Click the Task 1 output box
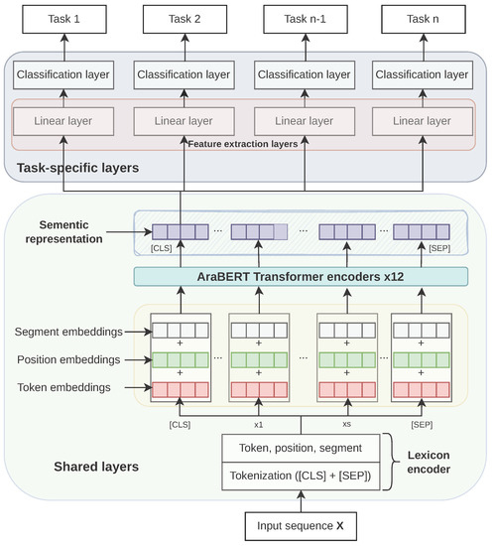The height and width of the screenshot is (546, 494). [x=62, y=19]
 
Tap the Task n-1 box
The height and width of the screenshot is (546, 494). [x=303, y=19]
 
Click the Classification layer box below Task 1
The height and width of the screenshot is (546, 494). [x=62, y=74]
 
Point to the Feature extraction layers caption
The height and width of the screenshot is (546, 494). [x=244, y=144]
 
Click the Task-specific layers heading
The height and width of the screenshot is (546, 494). [x=71, y=168]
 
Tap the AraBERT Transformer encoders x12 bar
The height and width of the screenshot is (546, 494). [x=301, y=276]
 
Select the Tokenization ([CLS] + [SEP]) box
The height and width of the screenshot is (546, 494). [x=301, y=476]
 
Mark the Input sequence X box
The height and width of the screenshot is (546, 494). [x=301, y=525]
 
